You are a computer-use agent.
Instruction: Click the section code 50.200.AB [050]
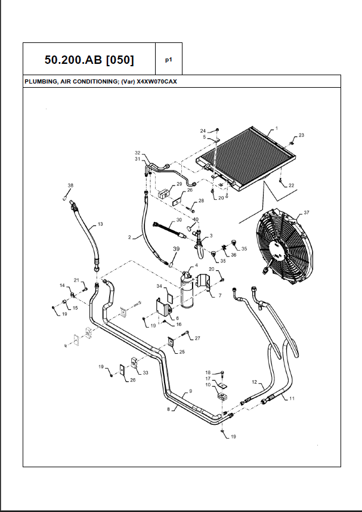tap(89, 60)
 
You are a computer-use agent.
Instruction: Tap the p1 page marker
tap(168, 60)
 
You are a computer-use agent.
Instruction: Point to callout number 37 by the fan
tap(307, 213)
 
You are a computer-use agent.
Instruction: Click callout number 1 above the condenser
tap(276, 129)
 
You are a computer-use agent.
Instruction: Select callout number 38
tap(70, 186)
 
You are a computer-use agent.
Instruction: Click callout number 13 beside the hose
tap(100, 224)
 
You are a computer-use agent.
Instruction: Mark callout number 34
tap(159, 286)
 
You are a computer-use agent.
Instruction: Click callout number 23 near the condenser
tap(301, 135)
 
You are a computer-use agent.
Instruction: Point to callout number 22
tap(291, 186)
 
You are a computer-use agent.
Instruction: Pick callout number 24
tap(203, 130)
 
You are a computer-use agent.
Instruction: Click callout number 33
tap(146, 372)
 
